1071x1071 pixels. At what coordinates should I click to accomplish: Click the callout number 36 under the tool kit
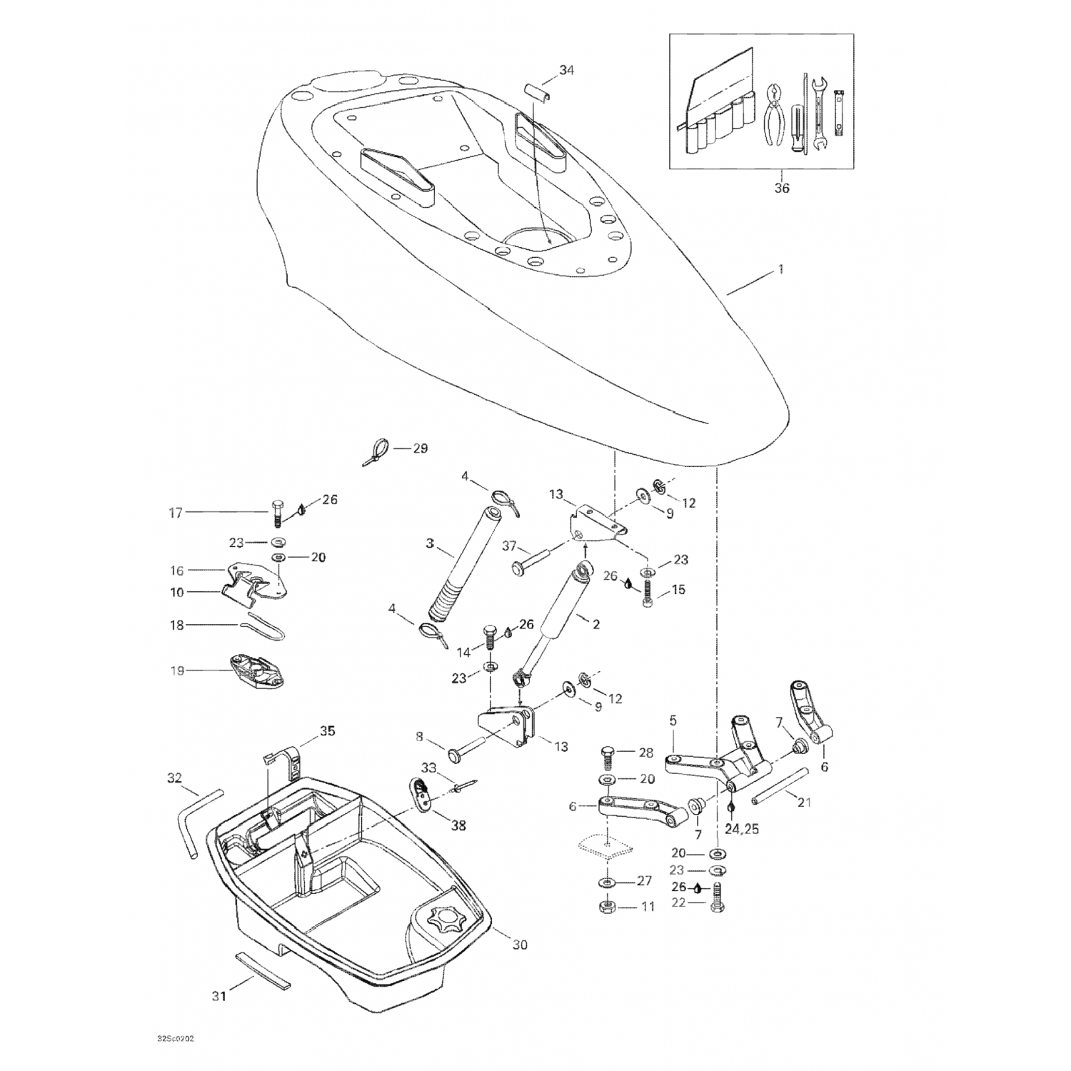pyautogui.click(x=782, y=189)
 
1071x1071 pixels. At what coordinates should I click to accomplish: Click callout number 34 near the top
pyautogui.click(x=566, y=70)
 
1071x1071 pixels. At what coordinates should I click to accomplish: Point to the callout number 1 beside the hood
pyautogui.click(x=780, y=269)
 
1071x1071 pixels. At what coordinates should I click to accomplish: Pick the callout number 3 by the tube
pyautogui.click(x=430, y=544)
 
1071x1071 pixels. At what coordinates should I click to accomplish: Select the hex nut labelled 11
pyautogui.click(x=606, y=907)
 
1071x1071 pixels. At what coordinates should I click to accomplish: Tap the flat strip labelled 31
pyautogui.click(x=264, y=972)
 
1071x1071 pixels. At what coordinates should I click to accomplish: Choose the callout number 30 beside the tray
pyautogui.click(x=520, y=945)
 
